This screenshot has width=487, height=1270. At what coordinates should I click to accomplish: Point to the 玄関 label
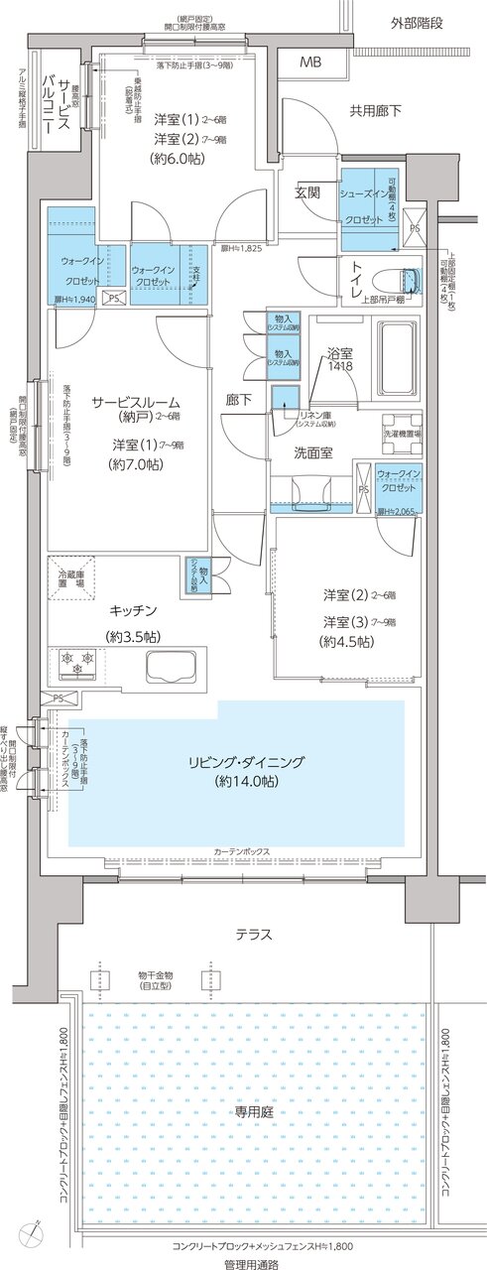point(306,191)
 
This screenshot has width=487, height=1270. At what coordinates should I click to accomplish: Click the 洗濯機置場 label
point(403,434)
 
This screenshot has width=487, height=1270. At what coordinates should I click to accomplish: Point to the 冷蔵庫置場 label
point(70,578)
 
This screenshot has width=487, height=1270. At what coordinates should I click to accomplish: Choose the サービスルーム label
point(136,402)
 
